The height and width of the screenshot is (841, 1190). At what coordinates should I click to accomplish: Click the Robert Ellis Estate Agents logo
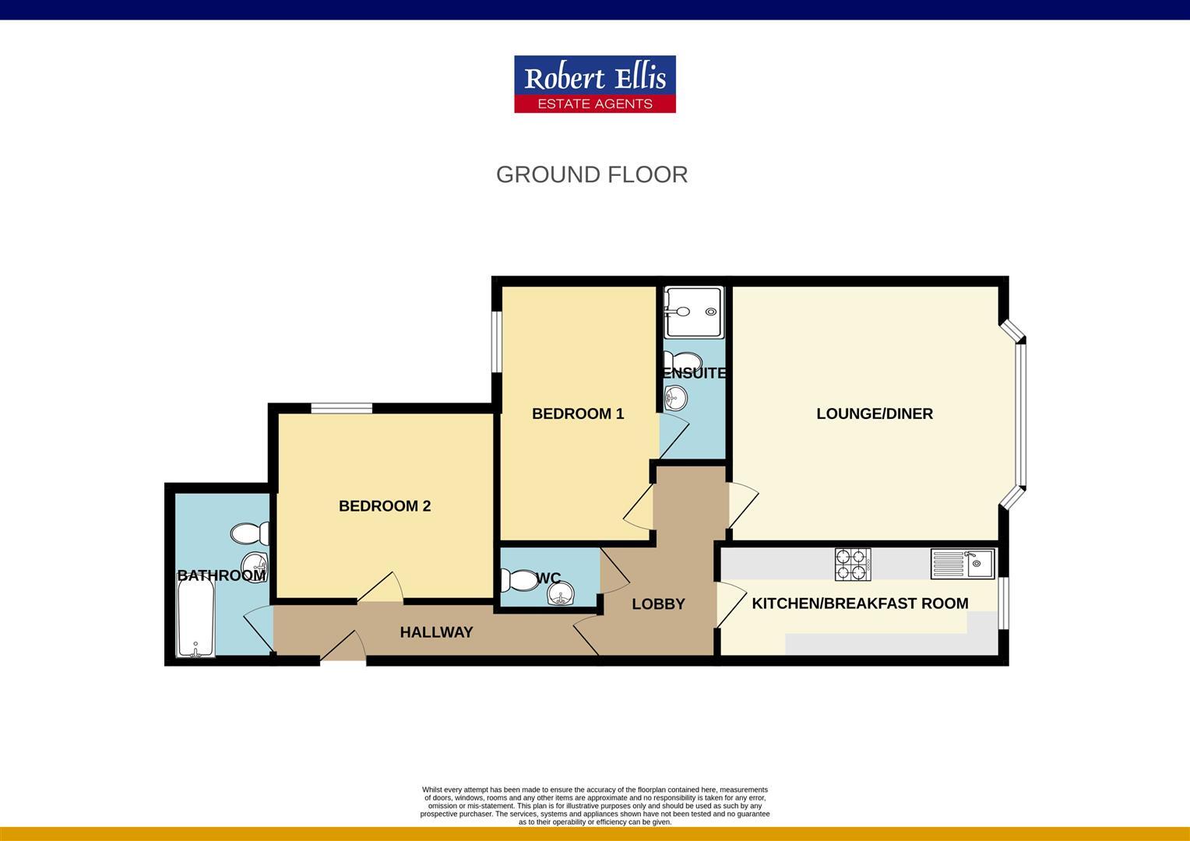pos(594,84)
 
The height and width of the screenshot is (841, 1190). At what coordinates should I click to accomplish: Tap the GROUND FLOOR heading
pos(592,174)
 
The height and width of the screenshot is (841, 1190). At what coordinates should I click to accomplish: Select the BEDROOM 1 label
pos(578,413)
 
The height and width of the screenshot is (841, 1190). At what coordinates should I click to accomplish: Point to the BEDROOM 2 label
pos(385,506)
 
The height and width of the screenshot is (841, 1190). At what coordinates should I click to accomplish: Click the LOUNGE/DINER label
pos(875,413)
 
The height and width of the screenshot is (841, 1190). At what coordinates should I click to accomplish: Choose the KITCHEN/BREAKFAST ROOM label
pos(860,603)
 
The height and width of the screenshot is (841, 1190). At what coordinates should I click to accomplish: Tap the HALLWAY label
pos(436,632)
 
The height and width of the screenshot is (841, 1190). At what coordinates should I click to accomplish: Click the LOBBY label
pos(658,603)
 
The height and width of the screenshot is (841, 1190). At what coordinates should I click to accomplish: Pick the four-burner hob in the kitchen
pos(852,564)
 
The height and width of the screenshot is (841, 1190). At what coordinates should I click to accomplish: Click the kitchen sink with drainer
pos(963,563)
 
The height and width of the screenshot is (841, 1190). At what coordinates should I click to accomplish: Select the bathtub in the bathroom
pos(195,621)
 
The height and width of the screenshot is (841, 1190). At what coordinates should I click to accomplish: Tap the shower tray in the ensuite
pos(695,312)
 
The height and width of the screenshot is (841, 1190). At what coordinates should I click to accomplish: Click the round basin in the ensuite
pos(675,399)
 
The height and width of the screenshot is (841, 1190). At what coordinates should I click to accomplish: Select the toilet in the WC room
pos(517,580)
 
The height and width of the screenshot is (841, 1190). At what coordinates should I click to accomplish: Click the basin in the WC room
pos(561,596)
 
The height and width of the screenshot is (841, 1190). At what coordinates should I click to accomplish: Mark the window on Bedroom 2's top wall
pos(341,408)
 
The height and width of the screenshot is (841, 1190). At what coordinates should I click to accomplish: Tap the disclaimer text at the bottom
pos(594,805)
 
